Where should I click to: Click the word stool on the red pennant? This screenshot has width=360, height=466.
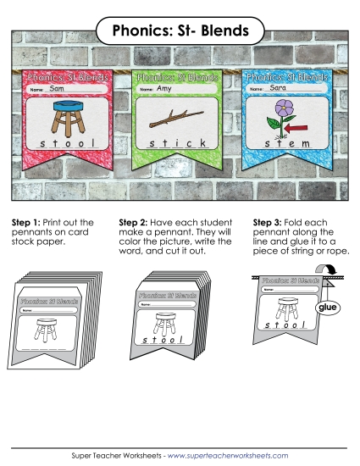pos(64,145)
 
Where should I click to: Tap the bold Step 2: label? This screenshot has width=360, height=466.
pos(147,222)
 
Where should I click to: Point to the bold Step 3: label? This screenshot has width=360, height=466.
pos(269,222)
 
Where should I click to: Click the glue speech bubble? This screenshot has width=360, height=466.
pos(326,308)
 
